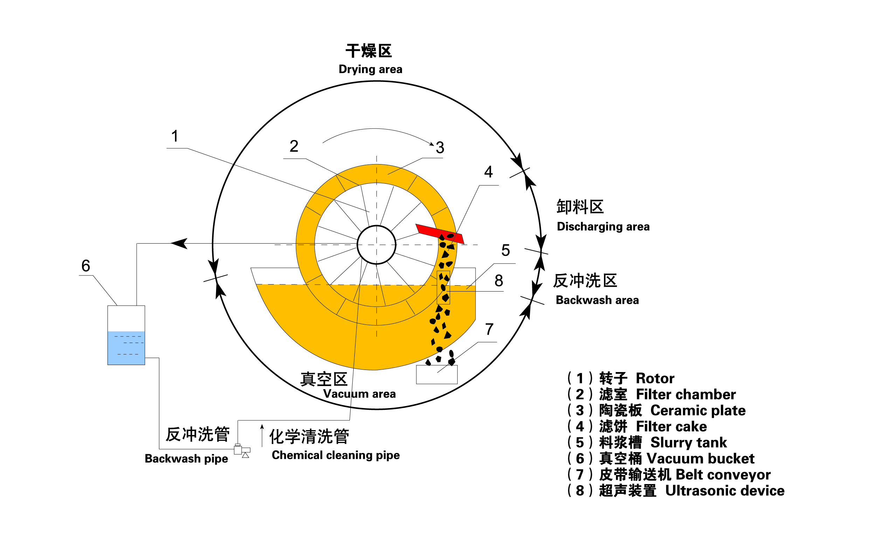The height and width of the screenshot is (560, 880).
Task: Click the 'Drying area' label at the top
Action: (370, 69)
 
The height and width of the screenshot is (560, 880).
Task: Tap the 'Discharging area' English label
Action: (603, 226)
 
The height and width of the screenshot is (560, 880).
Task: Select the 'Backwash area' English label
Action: (597, 300)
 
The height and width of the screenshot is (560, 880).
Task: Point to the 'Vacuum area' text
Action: (359, 394)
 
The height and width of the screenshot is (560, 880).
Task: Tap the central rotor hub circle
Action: (376, 245)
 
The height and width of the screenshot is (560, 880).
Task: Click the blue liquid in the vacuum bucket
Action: (126, 348)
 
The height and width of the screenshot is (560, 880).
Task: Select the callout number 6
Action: (85, 266)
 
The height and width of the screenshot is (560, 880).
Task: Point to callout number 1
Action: (175, 136)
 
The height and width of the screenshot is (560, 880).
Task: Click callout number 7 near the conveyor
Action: (489, 329)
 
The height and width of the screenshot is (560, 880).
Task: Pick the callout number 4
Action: (488, 172)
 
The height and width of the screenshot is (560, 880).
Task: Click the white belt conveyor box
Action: (437, 375)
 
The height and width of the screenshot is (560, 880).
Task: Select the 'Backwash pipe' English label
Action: (186, 458)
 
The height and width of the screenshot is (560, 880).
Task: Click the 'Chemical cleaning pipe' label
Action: (335, 455)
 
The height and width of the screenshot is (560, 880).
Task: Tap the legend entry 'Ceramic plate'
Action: (698, 411)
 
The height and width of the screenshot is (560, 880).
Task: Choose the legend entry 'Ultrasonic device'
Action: (724, 491)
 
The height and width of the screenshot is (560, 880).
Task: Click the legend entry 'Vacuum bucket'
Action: (700, 458)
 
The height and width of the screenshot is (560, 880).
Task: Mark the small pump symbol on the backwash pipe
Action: (242, 451)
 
